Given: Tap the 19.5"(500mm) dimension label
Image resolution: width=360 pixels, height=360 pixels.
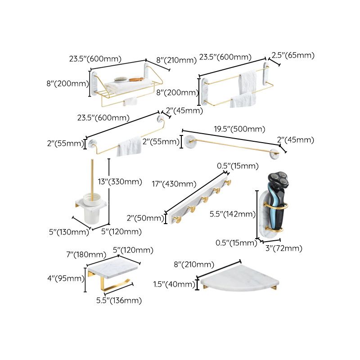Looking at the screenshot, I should (x=239, y=130).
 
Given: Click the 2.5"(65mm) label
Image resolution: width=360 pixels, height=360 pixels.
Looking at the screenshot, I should (x=292, y=56).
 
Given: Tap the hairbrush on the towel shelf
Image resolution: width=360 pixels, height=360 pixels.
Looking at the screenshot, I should (x=120, y=79).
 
